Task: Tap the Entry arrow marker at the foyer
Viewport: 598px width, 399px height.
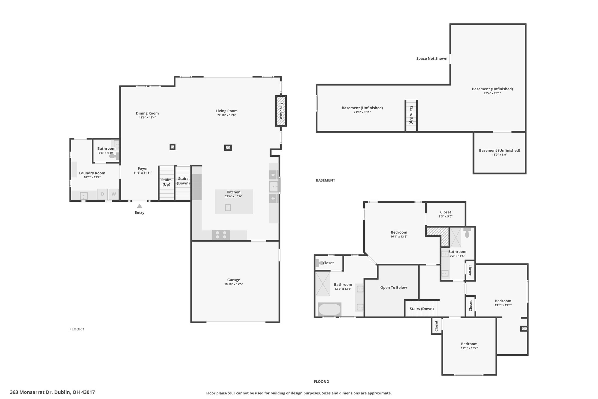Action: point(140,206)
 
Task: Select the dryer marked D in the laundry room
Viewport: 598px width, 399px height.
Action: point(102,194)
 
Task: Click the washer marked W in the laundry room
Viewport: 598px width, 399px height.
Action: point(114,194)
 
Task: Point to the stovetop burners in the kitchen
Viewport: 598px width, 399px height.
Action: point(221,235)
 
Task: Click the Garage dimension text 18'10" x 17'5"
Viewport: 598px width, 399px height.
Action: point(234,284)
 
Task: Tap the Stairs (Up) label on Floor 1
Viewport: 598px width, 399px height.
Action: point(166,182)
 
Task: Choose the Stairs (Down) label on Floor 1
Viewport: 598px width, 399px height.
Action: point(183,181)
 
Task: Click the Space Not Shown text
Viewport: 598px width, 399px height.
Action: point(432,58)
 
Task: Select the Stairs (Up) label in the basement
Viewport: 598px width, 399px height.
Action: point(411,115)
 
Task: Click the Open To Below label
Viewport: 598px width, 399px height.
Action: point(393,287)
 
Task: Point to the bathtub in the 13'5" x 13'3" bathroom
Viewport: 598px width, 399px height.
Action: point(329,309)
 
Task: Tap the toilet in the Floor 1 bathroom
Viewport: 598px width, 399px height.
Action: point(114,156)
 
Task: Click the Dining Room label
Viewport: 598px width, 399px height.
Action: point(147,113)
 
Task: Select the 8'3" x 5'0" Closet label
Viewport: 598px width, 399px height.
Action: point(445,212)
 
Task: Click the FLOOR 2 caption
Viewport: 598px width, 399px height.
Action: point(321,381)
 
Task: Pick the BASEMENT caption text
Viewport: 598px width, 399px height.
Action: point(325,180)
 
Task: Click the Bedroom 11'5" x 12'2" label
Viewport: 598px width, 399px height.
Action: point(469,344)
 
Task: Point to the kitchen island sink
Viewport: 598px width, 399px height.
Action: point(228,208)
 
